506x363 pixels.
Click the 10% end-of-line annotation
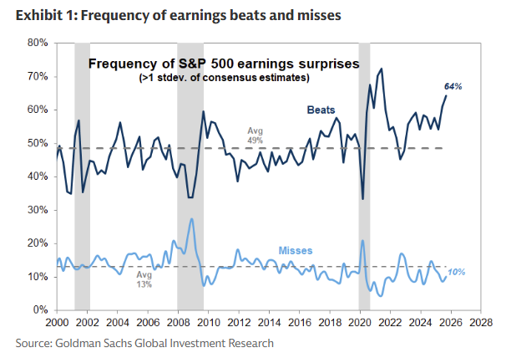(456, 273)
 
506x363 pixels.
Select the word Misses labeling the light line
(296, 250)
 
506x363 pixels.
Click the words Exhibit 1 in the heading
(41, 15)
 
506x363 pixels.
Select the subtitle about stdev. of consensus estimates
(223, 78)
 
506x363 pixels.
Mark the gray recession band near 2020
(364, 176)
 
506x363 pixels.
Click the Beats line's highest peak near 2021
(382, 69)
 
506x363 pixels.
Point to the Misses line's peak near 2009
(192, 219)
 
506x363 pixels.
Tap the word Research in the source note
(247, 342)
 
